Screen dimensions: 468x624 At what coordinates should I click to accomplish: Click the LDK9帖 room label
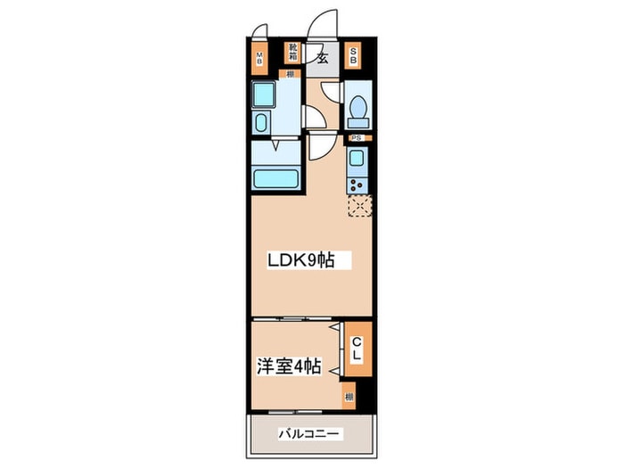coord(303,261)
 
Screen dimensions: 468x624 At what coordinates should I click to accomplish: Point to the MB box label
coord(259,60)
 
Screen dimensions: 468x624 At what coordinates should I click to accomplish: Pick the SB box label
coord(353,58)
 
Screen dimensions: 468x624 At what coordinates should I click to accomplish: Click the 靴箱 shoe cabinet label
coord(291,53)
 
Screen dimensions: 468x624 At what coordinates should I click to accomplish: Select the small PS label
coord(355,138)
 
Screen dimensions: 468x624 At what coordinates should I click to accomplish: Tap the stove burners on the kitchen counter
coord(357,185)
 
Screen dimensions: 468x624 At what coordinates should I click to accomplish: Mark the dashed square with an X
coord(357,207)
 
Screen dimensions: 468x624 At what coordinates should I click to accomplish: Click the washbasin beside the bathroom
coord(263,121)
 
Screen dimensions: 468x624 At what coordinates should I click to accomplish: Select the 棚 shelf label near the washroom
coord(291,75)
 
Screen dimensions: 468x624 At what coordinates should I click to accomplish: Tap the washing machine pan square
coord(267,94)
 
